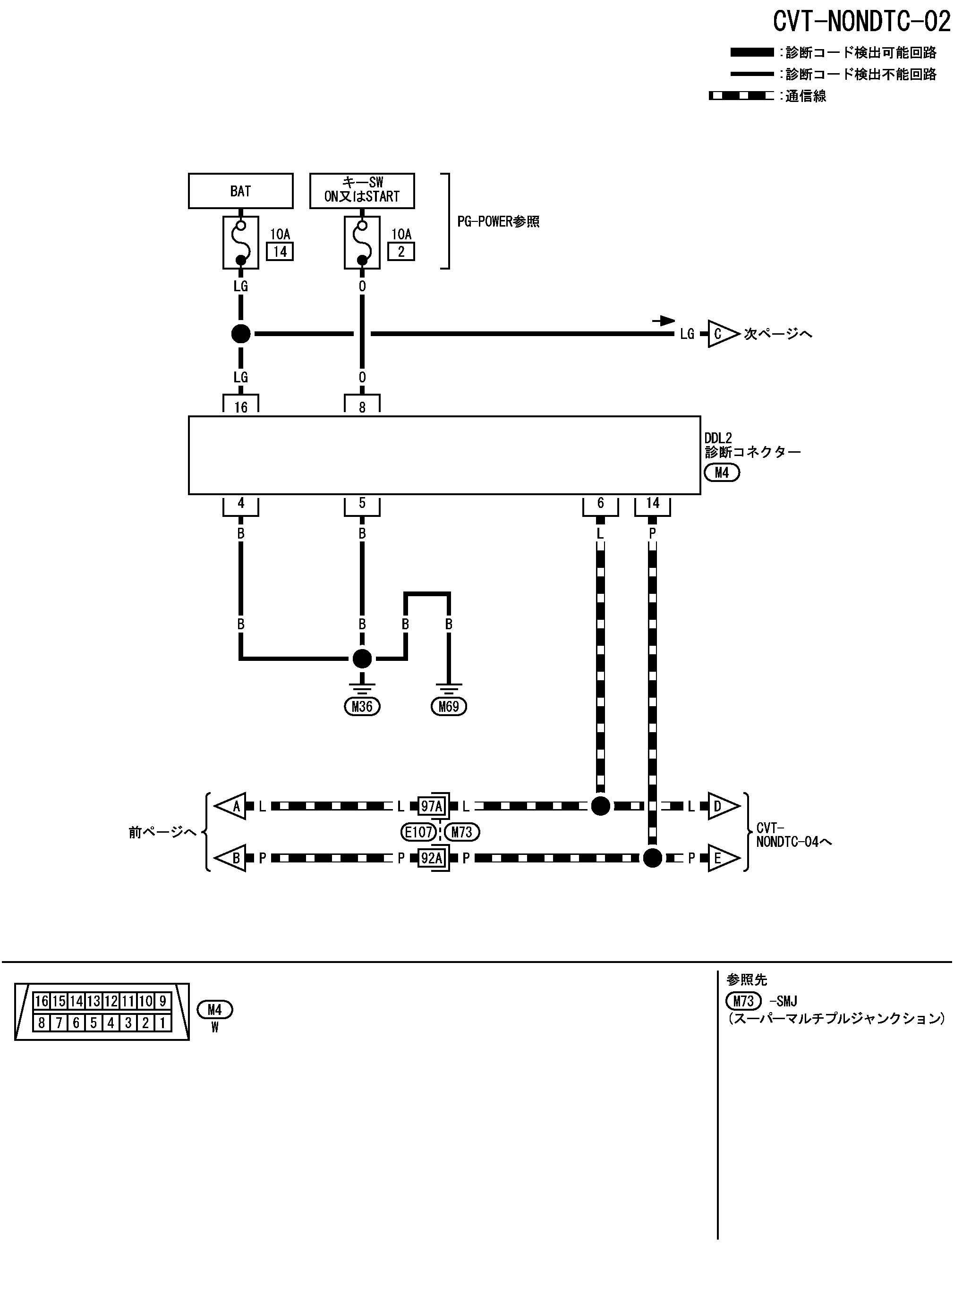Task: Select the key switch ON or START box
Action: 362,190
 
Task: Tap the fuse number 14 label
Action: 280,252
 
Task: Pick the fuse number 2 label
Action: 401,252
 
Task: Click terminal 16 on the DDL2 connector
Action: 241,406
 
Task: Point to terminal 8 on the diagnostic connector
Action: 362,406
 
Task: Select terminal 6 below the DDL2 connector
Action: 601,504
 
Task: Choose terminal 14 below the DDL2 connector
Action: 653,504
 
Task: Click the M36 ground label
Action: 362,706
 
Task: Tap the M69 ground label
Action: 449,706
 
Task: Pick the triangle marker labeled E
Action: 722,858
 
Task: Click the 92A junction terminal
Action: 431,858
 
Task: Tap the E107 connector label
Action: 419,832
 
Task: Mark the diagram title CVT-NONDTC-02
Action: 861,22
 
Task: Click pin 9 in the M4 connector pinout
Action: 163,1001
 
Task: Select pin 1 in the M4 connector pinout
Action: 163,1023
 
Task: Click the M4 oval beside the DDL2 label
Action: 722,473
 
